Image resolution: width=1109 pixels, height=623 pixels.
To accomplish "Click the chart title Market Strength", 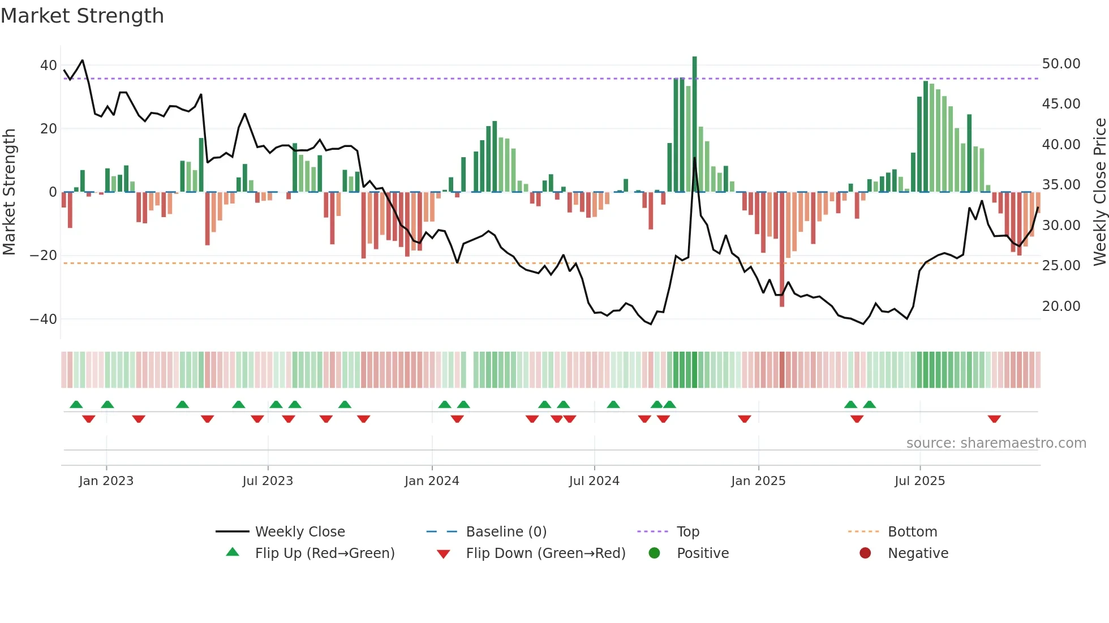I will point(82,16).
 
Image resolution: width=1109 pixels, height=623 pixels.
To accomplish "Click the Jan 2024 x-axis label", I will point(432,481).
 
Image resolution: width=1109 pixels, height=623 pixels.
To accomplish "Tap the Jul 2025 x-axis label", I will point(919,481).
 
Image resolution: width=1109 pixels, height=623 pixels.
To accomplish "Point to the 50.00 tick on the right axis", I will point(1061,64).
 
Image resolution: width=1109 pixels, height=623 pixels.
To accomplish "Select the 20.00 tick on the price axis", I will point(1061,306).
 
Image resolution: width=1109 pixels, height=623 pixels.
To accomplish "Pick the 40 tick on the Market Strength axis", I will point(48,66).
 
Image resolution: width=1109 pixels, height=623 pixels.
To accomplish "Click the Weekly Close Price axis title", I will point(1099,192).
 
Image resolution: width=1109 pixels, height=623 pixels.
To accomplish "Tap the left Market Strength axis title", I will point(9,192).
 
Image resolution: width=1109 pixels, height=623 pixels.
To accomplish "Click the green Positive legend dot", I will point(654,553).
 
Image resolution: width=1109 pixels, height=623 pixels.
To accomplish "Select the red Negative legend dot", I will point(865,553).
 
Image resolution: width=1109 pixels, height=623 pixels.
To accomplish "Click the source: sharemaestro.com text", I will point(996,443).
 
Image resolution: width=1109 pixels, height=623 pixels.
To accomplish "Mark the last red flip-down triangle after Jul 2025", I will point(994,419).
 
